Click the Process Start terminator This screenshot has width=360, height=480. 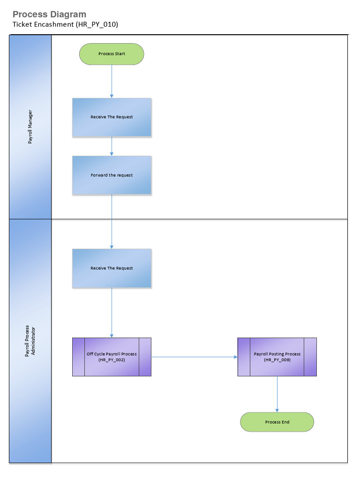coord(112,54)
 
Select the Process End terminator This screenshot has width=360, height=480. coord(277,422)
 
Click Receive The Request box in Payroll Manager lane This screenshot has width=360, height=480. coord(112,117)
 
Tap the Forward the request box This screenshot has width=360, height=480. coord(112,175)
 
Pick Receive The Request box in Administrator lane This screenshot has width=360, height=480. coord(112,268)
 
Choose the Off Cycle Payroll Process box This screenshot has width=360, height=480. coord(112,357)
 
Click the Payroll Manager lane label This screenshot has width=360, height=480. coord(30,127)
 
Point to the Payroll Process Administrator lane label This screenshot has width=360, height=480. coord(30,341)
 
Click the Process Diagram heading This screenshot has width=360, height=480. coord(49,15)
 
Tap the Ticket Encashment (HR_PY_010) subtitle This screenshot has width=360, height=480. coord(65,25)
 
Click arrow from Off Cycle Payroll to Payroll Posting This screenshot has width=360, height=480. coord(194,357)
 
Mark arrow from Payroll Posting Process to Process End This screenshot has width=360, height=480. coord(277,394)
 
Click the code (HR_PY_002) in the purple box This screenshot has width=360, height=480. coord(112,360)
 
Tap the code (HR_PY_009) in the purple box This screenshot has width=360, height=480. coord(277,360)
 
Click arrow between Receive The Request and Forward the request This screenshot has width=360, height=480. coord(112,146)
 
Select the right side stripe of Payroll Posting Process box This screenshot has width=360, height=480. coord(310,357)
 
